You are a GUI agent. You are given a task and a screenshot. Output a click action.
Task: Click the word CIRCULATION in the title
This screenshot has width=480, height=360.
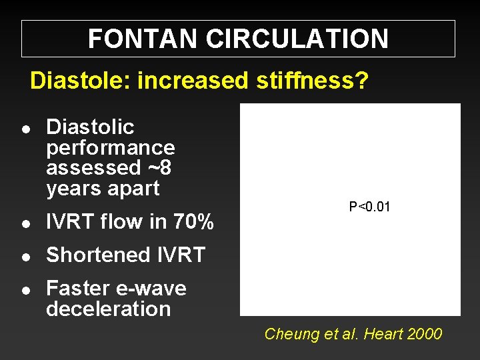coord(297,39)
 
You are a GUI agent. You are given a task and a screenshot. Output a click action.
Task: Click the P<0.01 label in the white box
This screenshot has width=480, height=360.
coord(369,207)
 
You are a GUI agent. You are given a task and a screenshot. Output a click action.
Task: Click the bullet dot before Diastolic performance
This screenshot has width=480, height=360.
coord(25,128)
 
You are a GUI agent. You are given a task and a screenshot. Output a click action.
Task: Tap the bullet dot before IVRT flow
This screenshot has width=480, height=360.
coord(25,223)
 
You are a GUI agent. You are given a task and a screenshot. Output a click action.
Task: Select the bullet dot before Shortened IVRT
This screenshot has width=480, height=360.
coord(25,256)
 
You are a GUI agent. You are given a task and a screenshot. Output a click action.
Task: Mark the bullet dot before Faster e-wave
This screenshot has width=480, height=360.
coord(25,290)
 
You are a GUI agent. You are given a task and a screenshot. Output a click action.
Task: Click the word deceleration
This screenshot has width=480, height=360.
coord(109,309)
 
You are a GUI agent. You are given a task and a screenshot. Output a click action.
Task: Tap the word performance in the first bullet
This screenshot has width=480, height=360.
coord(111,147)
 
